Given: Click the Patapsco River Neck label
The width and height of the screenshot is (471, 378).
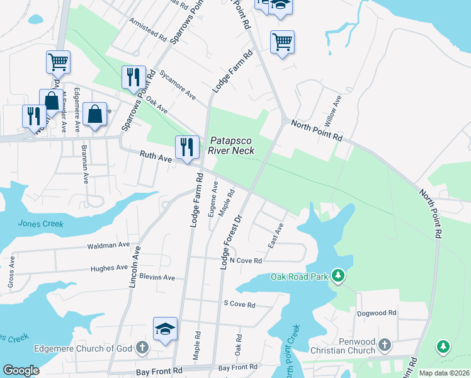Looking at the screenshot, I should point(231,146).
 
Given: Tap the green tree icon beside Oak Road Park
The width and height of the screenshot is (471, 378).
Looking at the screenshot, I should point(339,276).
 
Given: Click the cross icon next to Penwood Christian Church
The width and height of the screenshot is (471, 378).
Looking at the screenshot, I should point(384,345).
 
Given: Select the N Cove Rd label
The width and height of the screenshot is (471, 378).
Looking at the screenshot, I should point(246,260).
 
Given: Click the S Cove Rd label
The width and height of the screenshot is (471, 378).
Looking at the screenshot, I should point(239,304).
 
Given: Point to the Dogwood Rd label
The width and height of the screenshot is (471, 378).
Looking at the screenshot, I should point(376,312).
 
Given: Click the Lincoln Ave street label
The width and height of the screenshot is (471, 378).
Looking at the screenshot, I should point(135,267).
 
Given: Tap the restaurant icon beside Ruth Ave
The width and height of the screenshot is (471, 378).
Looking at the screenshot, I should point(186,147).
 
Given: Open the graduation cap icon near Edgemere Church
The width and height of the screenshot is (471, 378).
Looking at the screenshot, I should point(165,328).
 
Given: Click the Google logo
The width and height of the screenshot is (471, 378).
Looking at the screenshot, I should point(21,370).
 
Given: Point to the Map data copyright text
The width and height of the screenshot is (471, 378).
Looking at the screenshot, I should point(443,373).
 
